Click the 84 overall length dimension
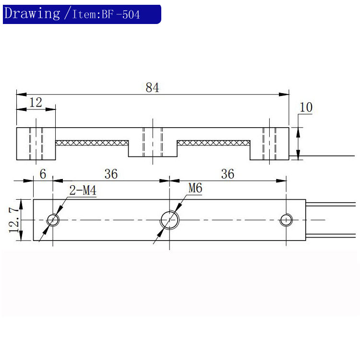tap(152, 87)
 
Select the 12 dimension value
tap(36, 102)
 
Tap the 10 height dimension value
tap(306, 107)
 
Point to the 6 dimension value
tap(43, 174)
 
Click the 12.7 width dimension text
tap(14, 220)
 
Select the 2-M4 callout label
tap(83, 191)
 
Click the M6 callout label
tap(195, 188)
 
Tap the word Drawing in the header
tap(32, 13)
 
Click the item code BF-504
tap(121, 15)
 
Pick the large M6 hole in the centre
tap(169, 212)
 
